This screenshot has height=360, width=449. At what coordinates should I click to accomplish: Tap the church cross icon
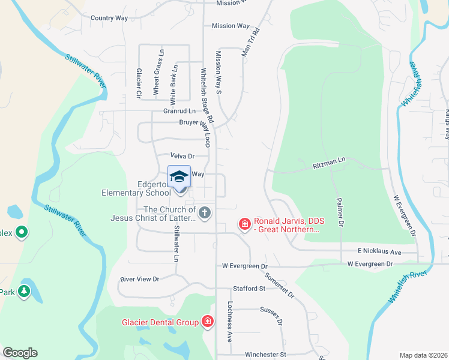[205, 212]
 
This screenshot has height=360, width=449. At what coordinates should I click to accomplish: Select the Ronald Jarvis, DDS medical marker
[244, 224]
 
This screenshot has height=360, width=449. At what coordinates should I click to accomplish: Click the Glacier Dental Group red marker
[208, 322]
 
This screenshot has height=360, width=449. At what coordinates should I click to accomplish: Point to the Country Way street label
[109, 18]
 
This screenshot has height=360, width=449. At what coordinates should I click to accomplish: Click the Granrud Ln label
[179, 111]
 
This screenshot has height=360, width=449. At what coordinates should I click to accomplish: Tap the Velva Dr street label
[183, 155]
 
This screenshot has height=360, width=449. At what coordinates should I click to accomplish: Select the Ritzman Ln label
[330, 161]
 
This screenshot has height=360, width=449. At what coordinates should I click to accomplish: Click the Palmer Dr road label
[339, 213]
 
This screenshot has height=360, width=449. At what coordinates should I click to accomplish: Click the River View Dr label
[139, 279]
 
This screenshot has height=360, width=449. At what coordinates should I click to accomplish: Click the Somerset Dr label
[279, 284]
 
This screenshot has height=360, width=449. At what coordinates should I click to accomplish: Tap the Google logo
[20, 353]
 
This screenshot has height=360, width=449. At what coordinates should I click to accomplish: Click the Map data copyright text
[423, 355]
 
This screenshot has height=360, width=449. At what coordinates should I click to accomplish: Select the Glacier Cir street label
[138, 83]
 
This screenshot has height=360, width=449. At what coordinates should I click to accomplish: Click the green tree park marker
[23, 292]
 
